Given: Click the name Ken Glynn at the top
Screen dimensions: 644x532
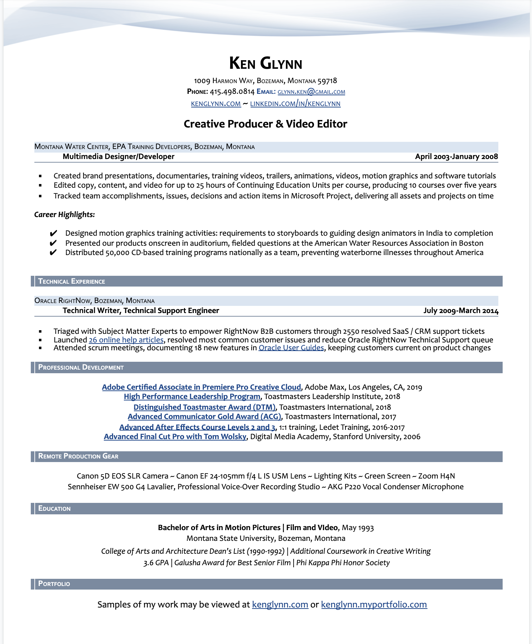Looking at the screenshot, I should pos(266,63).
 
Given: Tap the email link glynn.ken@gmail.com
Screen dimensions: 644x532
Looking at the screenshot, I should pos(311,92).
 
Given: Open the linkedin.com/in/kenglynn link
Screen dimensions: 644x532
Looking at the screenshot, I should pos(295,104).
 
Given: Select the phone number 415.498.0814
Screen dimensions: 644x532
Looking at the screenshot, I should pos(232,92).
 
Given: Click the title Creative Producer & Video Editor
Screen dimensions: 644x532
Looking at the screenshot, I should pos(265,124).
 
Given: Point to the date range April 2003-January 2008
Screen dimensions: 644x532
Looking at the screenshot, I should pos(456,157).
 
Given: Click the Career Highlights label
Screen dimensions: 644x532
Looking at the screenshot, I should pos(64,215).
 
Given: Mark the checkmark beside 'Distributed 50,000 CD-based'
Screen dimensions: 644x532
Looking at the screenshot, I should pos(53,253).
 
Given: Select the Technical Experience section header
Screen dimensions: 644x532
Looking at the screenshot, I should pos(72,282).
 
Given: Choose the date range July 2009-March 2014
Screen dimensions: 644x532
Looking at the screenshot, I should pos(460,311).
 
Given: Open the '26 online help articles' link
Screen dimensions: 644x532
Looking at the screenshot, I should pos(126,340).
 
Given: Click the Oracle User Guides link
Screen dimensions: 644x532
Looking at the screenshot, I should pos(291,348).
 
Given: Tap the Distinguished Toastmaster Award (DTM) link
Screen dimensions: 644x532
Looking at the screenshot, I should pos(204,407).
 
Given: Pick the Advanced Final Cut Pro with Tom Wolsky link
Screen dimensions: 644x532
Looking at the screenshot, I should pos(175,437).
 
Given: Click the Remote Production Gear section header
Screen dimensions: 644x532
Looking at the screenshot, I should pos(78,456).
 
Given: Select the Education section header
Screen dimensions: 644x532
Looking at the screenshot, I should pos(54,509).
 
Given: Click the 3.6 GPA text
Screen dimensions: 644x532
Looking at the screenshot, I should pos(156,563).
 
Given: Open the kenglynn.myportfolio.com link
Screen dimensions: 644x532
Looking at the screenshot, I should pos(374,605).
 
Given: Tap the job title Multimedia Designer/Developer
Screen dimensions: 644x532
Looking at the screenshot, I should pos(119,157).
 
